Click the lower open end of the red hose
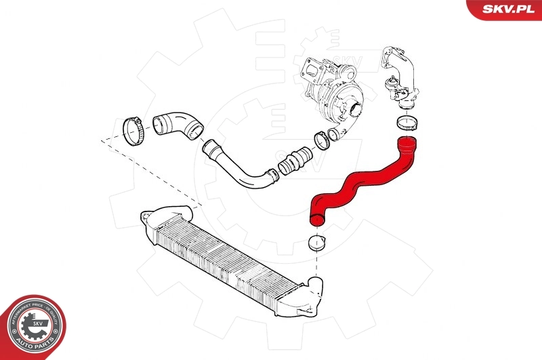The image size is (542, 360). coord(316,217)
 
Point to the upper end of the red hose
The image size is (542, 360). coord(407,142)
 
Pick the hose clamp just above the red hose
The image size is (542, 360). coord(406,123)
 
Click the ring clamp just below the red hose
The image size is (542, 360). coord(317,242)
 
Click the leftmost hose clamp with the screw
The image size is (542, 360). coord(133,128)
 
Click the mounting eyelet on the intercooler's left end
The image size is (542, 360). coord(143,217)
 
